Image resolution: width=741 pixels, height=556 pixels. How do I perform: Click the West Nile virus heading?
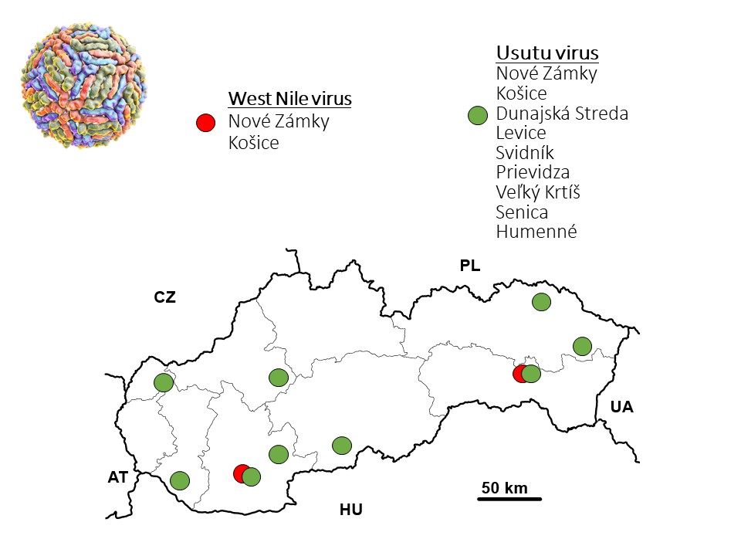[x=289, y=100]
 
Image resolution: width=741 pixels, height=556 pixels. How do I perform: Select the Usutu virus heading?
[x=546, y=53]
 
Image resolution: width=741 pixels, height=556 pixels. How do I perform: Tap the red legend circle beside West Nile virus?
[x=205, y=122]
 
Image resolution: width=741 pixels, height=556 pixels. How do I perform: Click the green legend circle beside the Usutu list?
[x=479, y=116]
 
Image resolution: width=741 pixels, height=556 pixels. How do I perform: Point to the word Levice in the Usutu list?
[x=521, y=133]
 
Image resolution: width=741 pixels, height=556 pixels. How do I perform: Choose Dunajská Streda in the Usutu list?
[x=561, y=114]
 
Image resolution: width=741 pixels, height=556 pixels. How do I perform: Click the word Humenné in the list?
[x=536, y=231]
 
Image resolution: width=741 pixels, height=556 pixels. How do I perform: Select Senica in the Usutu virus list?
[x=521, y=211]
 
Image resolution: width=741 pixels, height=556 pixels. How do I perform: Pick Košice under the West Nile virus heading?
[x=253, y=142]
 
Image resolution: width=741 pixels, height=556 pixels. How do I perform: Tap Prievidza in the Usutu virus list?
[x=533, y=171]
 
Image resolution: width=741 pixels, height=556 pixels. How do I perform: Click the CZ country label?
[x=165, y=297]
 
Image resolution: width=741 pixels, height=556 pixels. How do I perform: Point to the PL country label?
[x=469, y=266]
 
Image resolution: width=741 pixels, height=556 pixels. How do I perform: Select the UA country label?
[x=621, y=407]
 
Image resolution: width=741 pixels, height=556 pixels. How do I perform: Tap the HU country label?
[x=351, y=510]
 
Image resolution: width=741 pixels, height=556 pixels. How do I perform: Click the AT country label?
[x=117, y=478]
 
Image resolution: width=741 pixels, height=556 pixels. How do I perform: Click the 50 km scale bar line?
[x=509, y=500]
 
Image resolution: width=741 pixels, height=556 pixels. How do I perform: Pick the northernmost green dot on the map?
[x=541, y=302]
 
